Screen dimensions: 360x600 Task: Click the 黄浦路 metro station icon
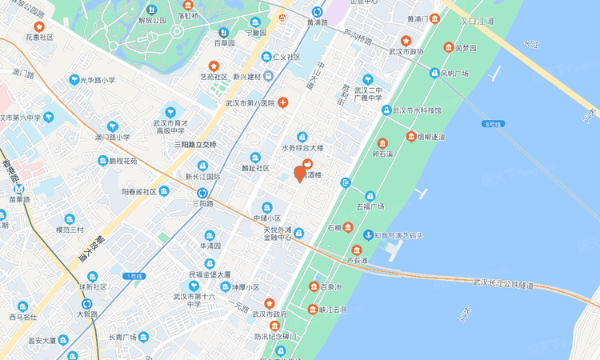pos(317,12)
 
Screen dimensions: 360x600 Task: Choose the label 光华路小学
pos(97,80)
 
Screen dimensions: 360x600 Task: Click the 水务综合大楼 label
pos(302,148)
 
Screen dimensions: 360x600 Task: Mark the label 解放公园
pos(152,20)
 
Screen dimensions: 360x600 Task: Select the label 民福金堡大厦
pos(210,274)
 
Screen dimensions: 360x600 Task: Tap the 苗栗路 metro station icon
pos(14,188)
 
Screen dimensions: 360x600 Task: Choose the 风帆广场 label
pos(454,73)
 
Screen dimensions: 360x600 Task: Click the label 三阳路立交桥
pos(196,144)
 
